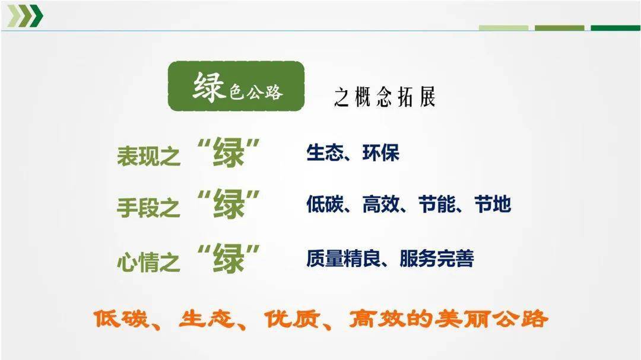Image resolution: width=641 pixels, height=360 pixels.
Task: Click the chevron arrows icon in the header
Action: point(25,16)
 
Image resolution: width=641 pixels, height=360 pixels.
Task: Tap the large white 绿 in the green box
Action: point(209,87)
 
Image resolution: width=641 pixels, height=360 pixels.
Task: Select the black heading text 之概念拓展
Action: point(385,97)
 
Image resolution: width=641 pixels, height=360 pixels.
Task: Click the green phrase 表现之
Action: point(148,156)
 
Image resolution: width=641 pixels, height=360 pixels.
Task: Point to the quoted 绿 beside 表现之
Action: point(228,152)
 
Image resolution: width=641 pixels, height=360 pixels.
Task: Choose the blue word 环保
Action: point(380,153)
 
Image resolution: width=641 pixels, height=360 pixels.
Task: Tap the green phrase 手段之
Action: point(148,207)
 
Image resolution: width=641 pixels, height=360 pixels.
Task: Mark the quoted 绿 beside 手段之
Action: point(228,204)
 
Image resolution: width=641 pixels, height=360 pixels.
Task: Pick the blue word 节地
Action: point(493,204)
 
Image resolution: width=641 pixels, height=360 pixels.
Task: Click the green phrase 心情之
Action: point(148,262)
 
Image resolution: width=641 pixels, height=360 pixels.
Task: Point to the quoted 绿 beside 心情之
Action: point(228,258)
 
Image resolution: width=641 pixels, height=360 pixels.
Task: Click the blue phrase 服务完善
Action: point(437,258)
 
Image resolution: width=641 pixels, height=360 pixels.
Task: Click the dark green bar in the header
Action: point(615,28)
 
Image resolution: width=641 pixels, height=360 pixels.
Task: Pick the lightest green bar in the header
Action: point(503,28)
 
